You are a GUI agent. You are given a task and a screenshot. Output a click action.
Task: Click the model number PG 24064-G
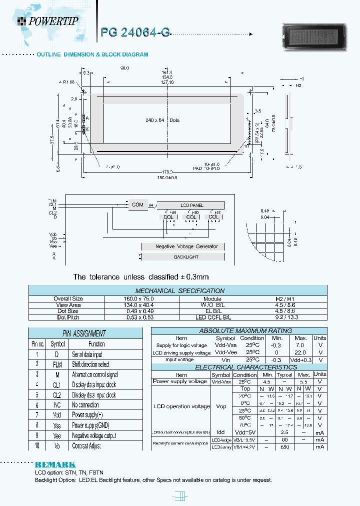pyautogui.click(x=135, y=32)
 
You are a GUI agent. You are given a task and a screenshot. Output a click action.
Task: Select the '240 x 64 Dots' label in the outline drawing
pyautogui.click(x=162, y=120)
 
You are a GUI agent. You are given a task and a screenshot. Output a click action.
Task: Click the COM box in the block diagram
pyautogui.click(x=137, y=204)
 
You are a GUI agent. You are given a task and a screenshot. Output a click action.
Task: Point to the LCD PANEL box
pyautogui.click(x=191, y=205)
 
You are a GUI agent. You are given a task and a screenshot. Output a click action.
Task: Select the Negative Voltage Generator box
pyautogui.click(x=186, y=246)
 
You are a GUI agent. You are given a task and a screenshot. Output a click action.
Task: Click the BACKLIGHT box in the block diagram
pyautogui.click(x=186, y=257)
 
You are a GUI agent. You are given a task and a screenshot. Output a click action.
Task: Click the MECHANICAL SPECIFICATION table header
pyautogui.click(x=179, y=290)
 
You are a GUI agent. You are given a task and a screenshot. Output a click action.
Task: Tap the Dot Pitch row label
pyautogui.click(x=68, y=317)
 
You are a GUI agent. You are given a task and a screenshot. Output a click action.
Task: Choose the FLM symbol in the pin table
pyautogui.click(x=57, y=364)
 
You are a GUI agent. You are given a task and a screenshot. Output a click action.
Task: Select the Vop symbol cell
pyautogui.click(x=221, y=406)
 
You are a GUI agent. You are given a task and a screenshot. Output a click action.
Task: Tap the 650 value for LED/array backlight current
pyautogui.click(x=285, y=446)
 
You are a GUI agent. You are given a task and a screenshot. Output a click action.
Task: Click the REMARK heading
pyautogui.click(x=55, y=464)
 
